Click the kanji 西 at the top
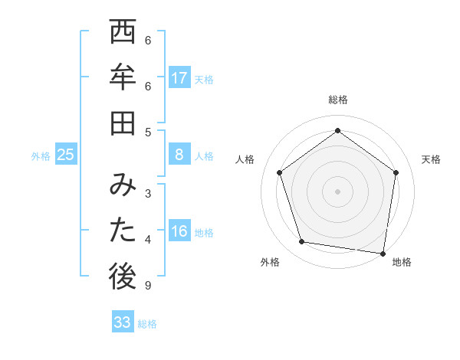(x=123, y=34)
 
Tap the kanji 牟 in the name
(x=123, y=78)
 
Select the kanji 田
(x=123, y=123)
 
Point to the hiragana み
(x=123, y=185)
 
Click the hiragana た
(x=123, y=231)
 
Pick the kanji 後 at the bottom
(x=123, y=277)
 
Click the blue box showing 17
(x=179, y=78)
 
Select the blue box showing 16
(x=179, y=232)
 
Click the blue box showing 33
(x=123, y=322)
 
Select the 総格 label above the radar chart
(x=338, y=100)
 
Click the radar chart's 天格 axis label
(x=431, y=159)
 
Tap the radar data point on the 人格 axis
(x=280, y=172)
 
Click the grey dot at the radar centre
(x=338, y=191)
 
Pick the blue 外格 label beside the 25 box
(x=41, y=156)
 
